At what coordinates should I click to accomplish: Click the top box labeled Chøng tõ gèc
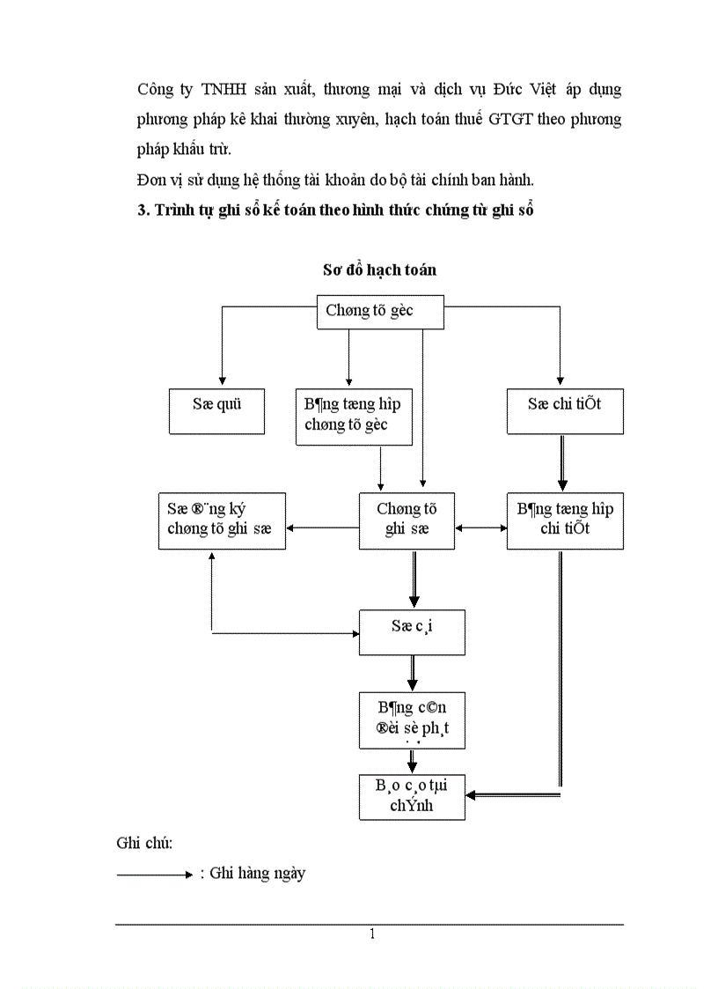point(380,312)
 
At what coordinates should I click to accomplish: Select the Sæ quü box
point(216,411)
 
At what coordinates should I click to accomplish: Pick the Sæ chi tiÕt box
point(565,411)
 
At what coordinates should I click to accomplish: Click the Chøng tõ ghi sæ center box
point(407,520)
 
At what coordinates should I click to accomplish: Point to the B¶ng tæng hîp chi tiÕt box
point(565,520)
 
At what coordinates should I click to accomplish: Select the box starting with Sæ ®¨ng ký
point(222,520)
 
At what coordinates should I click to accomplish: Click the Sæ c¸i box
point(412,631)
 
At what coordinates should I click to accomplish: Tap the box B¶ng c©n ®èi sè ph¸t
point(412,720)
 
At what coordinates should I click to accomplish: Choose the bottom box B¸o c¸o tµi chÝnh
point(412,796)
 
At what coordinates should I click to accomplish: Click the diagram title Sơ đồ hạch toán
point(379,270)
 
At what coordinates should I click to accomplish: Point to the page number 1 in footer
point(372,934)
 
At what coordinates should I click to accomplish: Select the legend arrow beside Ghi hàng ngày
point(154,875)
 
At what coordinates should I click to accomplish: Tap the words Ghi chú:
point(144,843)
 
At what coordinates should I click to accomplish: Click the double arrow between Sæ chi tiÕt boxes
point(562,463)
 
